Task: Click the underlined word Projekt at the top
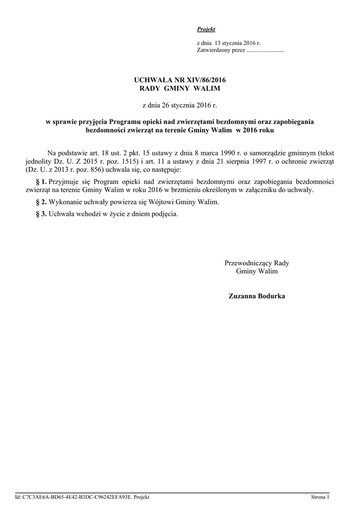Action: click(x=206, y=30)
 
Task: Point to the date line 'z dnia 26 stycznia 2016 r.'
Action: click(x=180, y=105)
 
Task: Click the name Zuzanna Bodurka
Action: click(x=257, y=296)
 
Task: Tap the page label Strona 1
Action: click(x=320, y=497)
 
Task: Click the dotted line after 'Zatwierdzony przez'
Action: click(x=265, y=51)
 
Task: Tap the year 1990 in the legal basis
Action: click(x=219, y=154)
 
